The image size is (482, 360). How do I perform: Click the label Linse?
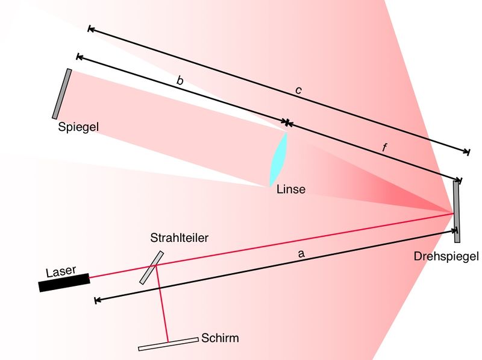tap(291, 189)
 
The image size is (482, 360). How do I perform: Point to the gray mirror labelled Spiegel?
tap(62, 93)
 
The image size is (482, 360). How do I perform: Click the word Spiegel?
tap(78, 127)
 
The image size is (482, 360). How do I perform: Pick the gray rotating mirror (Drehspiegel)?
tap(457, 208)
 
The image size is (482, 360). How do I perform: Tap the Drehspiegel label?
tap(446, 256)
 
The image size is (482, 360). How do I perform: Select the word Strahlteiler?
tap(179, 238)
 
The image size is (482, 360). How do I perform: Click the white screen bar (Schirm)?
tap(168, 343)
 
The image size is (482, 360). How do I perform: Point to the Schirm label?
tap(221, 338)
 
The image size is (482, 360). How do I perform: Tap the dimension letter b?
tap(179, 80)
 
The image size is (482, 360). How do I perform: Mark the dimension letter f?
tap(385, 147)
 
